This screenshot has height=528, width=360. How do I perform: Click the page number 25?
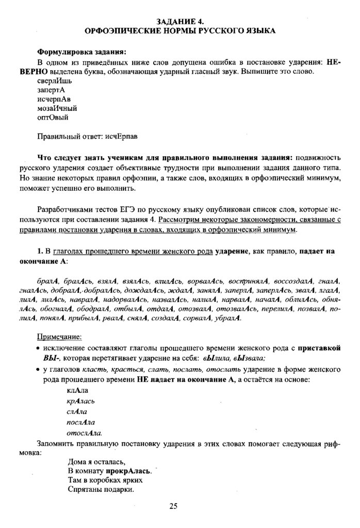tap(173, 506)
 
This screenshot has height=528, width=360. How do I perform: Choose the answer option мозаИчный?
tap(57, 108)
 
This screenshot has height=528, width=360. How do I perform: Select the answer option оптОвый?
tap(53, 118)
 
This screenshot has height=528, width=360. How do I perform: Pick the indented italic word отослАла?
tap(85, 433)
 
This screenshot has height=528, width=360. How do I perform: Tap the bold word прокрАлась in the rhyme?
tap(129, 471)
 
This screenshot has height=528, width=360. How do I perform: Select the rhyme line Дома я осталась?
tap(97, 461)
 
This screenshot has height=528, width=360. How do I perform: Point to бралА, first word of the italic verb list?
tap(49, 280)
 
